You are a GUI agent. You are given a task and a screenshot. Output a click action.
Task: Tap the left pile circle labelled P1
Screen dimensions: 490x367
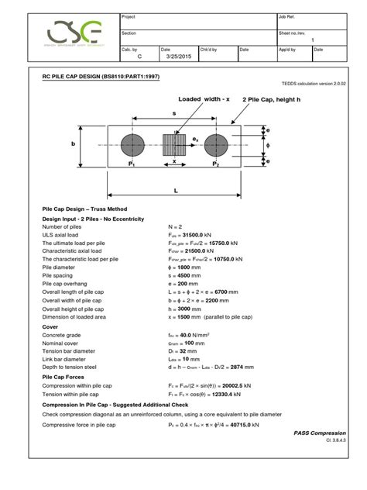[132, 145]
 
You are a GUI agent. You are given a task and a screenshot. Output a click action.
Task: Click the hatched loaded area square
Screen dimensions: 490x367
[174, 145]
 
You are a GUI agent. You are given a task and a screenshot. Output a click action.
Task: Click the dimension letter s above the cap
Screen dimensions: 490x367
[174, 114]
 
